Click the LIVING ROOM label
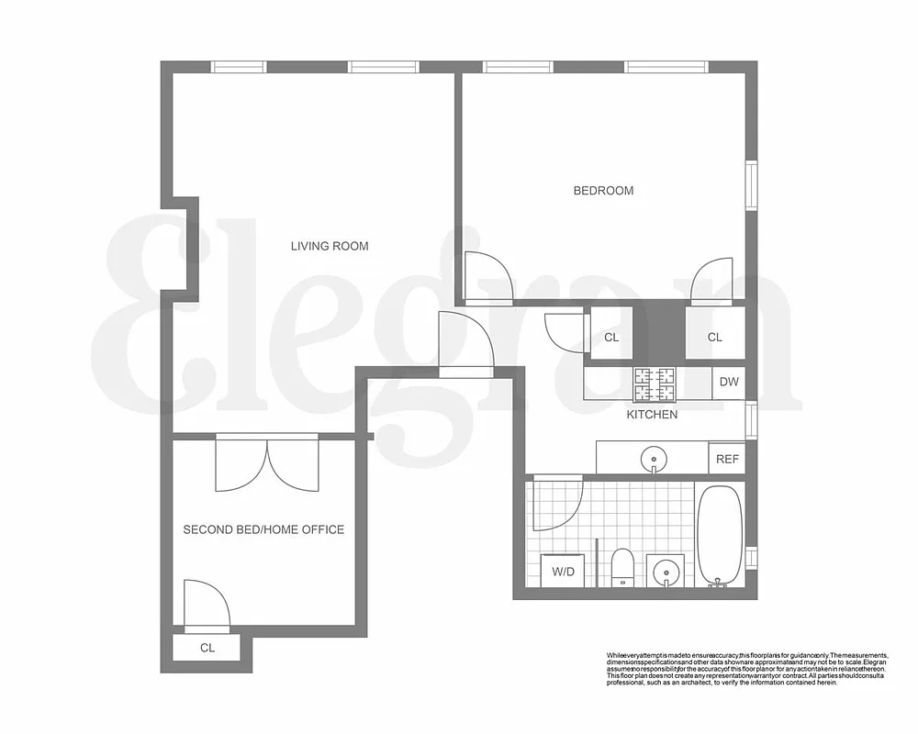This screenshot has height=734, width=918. pyautogui.click(x=330, y=246)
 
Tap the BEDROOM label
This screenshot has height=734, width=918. pyautogui.click(x=603, y=191)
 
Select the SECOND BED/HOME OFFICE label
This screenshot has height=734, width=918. pyautogui.click(x=263, y=529)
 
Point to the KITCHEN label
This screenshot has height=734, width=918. pyautogui.click(x=652, y=415)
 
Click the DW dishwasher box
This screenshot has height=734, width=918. pyautogui.click(x=729, y=383)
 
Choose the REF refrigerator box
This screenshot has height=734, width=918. pyautogui.click(x=727, y=459)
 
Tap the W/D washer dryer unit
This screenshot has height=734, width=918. pyautogui.click(x=563, y=572)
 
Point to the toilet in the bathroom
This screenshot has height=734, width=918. pyautogui.click(x=622, y=566)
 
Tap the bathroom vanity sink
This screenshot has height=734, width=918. pyautogui.click(x=666, y=573)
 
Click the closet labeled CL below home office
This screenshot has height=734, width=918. pyautogui.click(x=207, y=648)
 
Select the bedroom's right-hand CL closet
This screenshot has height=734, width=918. pyautogui.click(x=714, y=337)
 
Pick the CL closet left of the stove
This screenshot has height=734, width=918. pyautogui.click(x=611, y=337)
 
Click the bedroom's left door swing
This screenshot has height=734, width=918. pyautogui.click(x=483, y=277)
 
